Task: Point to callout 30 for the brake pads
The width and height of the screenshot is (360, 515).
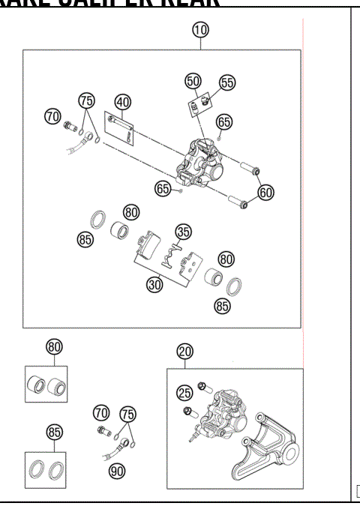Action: pyautogui.click(x=154, y=285)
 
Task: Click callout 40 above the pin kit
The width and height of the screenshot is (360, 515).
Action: pyautogui.click(x=122, y=102)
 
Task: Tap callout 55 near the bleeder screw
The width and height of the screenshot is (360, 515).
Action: pyautogui.click(x=226, y=82)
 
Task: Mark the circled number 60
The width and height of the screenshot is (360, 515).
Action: pyautogui.click(x=265, y=192)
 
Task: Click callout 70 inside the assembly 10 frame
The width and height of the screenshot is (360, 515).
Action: pyautogui.click(x=52, y=116)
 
